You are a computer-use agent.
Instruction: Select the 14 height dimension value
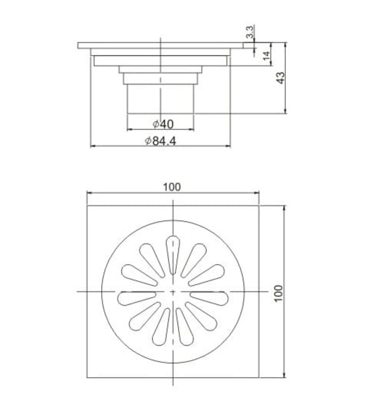(266, 57)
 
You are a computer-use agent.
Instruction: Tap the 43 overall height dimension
(282, 77)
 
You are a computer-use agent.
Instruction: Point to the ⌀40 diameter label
(162, 124)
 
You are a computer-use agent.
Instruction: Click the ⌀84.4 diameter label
(161, 141)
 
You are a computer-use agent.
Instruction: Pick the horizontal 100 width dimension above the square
(172, 186)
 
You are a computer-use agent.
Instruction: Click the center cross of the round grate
(173, 291)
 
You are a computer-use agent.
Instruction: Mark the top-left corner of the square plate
(88, 206)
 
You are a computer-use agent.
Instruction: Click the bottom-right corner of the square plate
(259, 378)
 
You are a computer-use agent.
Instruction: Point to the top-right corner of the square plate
(259, 206)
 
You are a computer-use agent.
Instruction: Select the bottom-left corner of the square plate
(88, 378)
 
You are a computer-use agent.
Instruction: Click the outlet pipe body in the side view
(161, 98)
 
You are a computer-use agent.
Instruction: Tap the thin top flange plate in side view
(161, 45)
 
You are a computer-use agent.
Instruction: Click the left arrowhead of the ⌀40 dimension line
(129, 129)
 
